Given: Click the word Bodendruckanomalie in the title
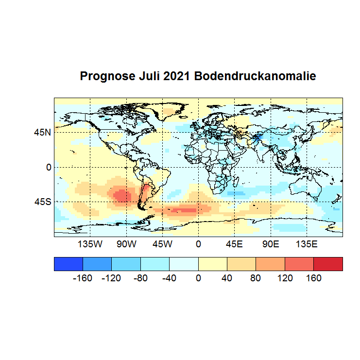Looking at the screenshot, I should pyautogui.click(x=255, y=76).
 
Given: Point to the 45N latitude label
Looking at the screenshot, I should pyautogui.click(x=42, y=132).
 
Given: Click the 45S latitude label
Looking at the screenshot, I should pyautogui.click(x=42, y=201).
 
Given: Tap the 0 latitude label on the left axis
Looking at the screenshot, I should pyautogui.click(x=49, y=167).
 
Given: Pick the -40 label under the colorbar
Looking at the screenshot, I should pyautogui.click(x=169, y=278).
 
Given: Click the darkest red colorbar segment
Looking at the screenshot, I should pyautogui.click(x=328, y=264).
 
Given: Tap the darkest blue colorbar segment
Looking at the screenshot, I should pyautogui.click(x=69, y=264).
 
